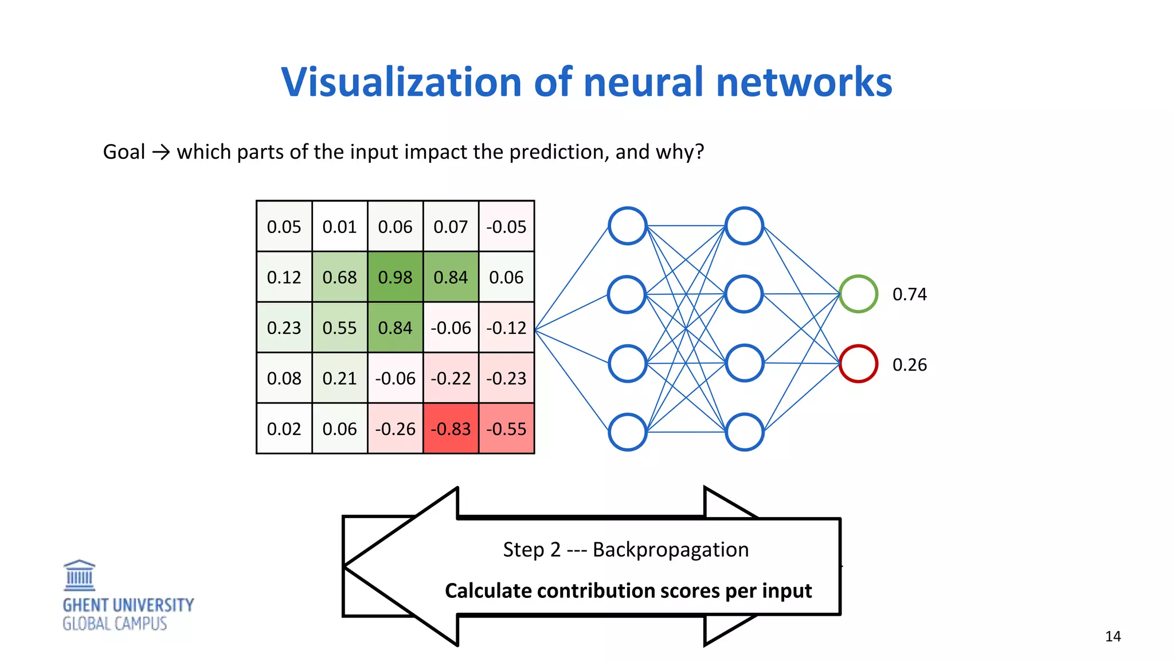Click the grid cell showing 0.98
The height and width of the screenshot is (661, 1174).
(395, 277)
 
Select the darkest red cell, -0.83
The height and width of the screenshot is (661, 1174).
(451, 429)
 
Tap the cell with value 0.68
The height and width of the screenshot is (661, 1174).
(339, 277)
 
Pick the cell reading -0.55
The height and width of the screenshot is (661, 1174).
(506, 429)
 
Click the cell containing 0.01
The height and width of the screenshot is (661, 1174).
(339, 227)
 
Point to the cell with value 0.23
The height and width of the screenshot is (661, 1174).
(284, 328)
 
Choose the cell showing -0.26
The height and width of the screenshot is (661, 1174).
(395, 429)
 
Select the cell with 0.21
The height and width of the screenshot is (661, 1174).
(339, 378)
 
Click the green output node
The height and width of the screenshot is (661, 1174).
(858, 294)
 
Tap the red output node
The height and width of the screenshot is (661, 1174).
(858, 364)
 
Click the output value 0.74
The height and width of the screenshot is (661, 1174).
(909, 294)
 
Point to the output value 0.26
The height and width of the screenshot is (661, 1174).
(909, 365)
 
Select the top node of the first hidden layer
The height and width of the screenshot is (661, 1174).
(628, 226)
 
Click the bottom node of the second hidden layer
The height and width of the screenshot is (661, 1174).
(744, 431)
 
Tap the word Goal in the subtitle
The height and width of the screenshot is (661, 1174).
(124, 152)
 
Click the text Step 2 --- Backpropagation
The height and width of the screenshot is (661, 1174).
(625, 550)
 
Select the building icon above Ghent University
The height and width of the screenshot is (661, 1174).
(79, 576)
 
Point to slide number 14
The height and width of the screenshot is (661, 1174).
(1113, 636)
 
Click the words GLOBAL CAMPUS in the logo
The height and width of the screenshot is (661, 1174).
(115, 624)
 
